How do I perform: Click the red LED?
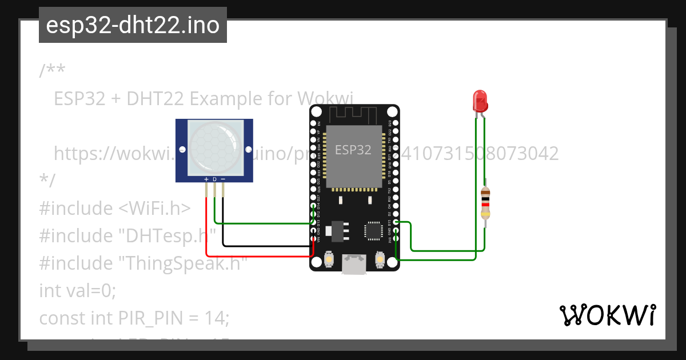point(479,101)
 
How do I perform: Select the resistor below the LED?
point(485,203)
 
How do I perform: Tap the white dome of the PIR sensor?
point(214,147)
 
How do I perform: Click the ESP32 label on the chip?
point(353,150)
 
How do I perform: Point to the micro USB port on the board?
point(354,265)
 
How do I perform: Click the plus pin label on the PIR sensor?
point(206,179)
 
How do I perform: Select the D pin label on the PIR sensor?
point(214,179)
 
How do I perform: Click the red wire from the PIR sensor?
point(257,255)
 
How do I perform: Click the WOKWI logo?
point(607,315)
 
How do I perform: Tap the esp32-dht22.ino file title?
point(133,25)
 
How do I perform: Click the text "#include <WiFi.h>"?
point(114,208)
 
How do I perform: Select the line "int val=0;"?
point(77,290)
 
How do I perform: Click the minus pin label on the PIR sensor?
point(223,179)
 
